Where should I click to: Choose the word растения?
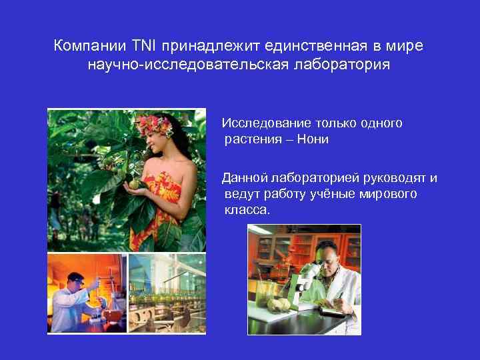coord(253,139)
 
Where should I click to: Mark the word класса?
coord(247,210)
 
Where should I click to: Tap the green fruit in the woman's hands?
coord(135,183)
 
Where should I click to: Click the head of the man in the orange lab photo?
coord(75,280)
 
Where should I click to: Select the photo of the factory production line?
coord(167,293)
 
